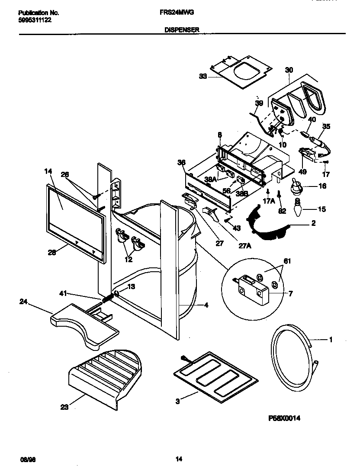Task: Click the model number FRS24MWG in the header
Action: click(183, 13)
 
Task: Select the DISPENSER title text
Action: click(182, 30)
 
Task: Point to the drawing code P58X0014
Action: click(284, 418)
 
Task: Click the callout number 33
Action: click(203, 76)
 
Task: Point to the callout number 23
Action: click(64, 407)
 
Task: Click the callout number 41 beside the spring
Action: click(63, 294)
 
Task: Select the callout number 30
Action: click(289, 69)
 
